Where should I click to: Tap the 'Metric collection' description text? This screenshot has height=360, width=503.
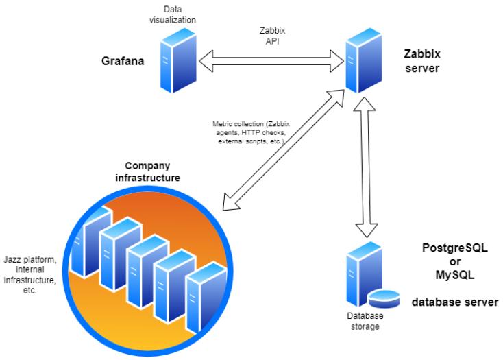coord(249,132)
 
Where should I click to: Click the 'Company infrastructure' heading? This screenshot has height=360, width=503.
coord(152,172)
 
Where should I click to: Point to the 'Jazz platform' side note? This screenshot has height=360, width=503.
coord(29,273)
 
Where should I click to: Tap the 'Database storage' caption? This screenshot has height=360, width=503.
coord(364,322)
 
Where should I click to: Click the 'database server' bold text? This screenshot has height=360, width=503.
coord(454,302)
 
